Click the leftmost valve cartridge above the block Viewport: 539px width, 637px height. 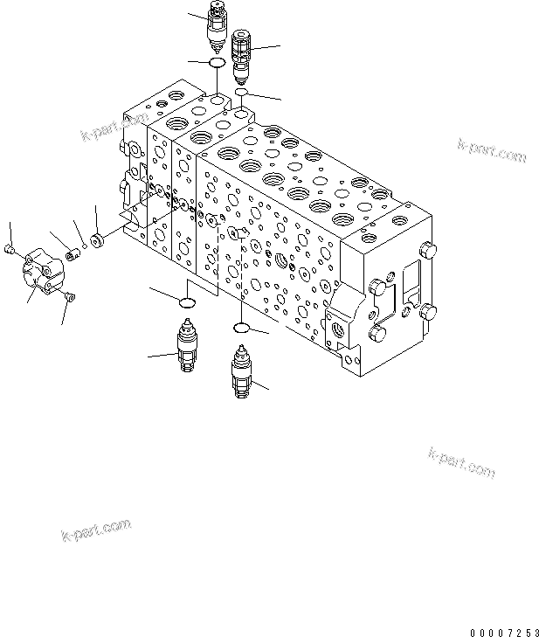(x=214, y=27)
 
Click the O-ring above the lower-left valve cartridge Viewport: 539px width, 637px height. (x=185, y=303)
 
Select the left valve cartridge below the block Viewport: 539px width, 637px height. (x=187, y=348)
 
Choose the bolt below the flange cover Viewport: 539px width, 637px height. (x=70, y=300)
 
